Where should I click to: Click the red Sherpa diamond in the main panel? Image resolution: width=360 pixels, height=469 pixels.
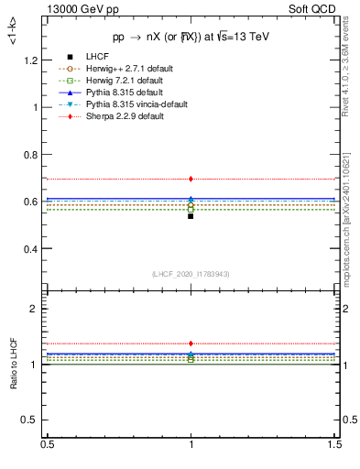(x=191, y=179)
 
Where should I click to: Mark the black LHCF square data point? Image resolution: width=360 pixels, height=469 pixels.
(x=191, y=216)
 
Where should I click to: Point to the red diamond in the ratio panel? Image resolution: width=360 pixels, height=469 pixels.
(x=191, y=344)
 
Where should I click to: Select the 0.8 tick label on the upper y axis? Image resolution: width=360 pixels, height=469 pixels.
(x=34, y=155)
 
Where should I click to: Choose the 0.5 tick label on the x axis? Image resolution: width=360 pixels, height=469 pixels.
(x=46, y=444)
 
